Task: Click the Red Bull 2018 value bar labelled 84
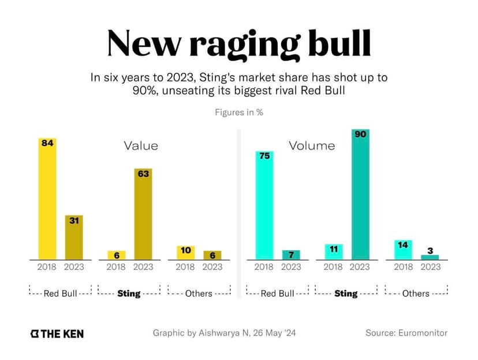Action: (47, 199)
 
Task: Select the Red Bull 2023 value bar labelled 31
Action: (74, 237)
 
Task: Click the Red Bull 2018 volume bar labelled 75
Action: (264, 205)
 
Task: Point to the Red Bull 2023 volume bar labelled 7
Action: (291, 255)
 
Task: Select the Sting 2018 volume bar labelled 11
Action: (333, 252)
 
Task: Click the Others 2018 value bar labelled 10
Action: (185, 253)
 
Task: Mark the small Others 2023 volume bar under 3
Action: (430, 257)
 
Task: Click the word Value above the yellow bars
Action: (141, 146)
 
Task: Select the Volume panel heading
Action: (312, 146)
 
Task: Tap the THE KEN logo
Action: (57, 333)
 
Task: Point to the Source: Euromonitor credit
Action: (406, 333)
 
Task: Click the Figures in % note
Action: (239, 112)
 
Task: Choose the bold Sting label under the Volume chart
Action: (346, 294)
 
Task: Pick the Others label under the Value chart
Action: (199, 294)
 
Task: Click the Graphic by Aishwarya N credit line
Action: (225, 333)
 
